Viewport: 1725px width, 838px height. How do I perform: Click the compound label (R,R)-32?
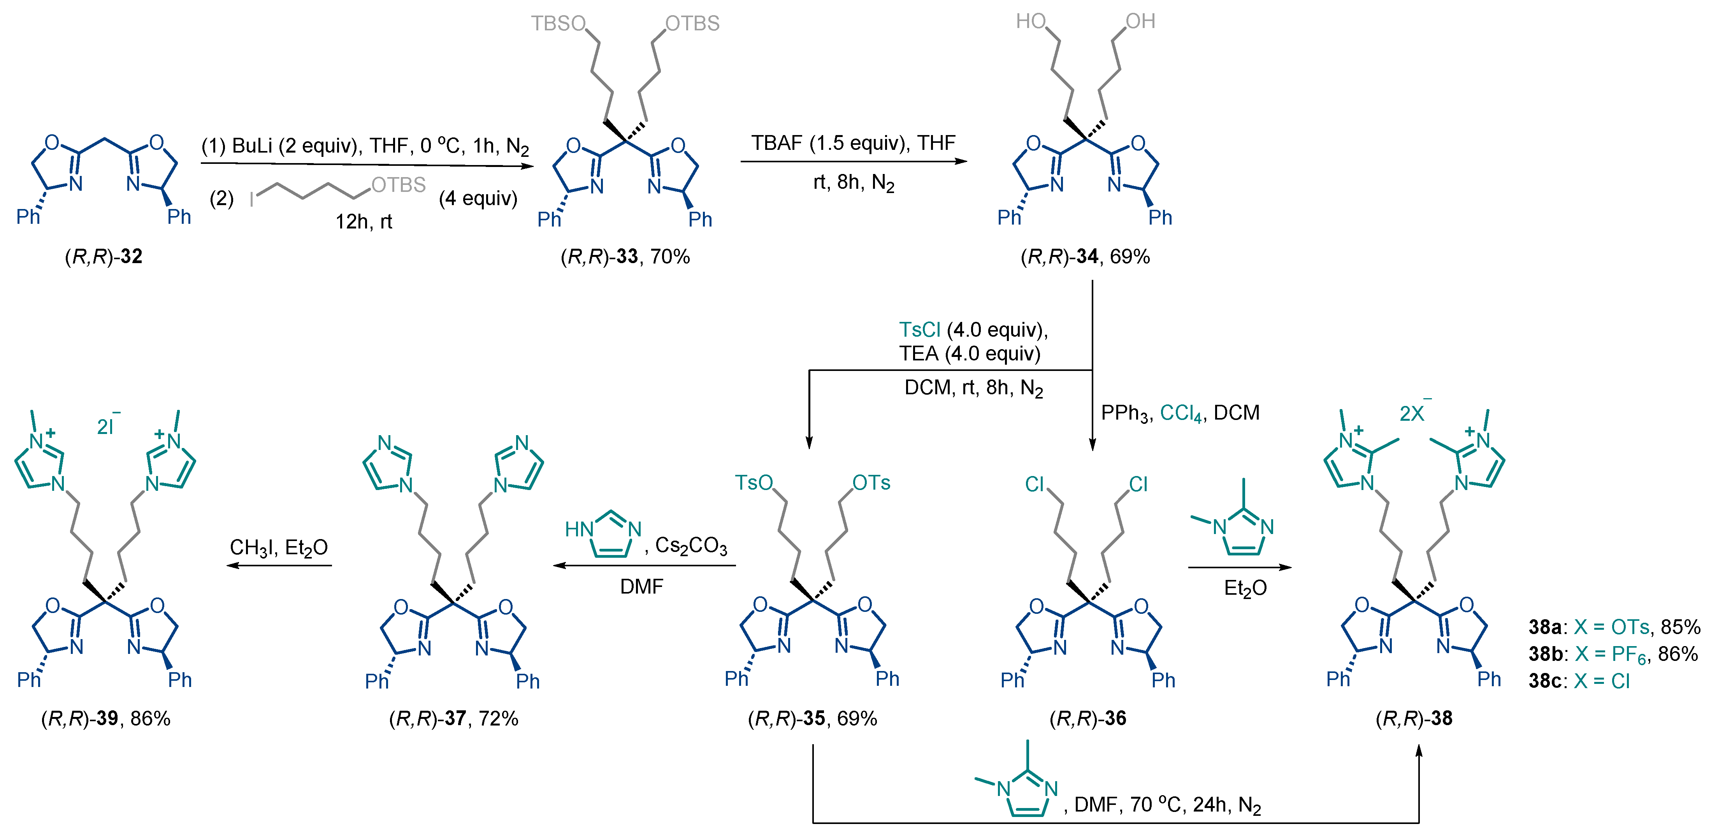(x=104, y=256)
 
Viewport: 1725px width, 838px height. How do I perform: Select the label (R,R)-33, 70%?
(x=625, y=256)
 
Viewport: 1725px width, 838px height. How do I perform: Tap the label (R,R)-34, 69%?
(x=1085, y=256)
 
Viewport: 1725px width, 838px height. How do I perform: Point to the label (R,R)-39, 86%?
(x=106, y=719)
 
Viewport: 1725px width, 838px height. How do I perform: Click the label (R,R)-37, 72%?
(x=453, y=719)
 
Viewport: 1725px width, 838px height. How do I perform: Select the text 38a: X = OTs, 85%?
(x=1614, y=627)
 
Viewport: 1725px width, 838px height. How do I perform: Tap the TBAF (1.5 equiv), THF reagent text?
(x=852, y=143)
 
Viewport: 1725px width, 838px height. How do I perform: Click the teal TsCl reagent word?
(x=919, y=330)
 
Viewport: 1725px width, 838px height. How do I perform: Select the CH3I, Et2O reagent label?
(x=279, y=548)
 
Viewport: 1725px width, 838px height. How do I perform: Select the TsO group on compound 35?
(x=754, y=483)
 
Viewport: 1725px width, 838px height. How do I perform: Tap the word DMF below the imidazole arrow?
(x=641, y=587)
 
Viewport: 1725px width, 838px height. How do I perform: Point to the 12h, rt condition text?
(x=364, y=222)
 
